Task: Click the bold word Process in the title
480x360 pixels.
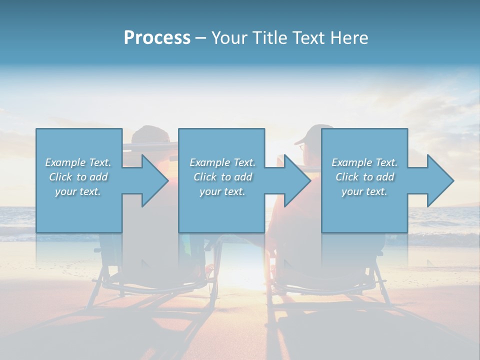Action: (x=157, y=37)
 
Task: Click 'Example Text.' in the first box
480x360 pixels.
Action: (x=78, y=162)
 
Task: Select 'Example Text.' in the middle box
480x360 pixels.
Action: (x=222, y=162)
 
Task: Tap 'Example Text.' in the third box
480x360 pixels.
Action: (x=364, y=162)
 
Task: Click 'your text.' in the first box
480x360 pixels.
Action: (x=78, y=191)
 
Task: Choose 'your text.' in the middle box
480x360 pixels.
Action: (x=222, y=191)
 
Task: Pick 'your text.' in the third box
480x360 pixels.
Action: (x=364, y=191)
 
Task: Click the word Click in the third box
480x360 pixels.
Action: (x=347, y=177)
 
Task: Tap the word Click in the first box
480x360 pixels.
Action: (x=60, y=177)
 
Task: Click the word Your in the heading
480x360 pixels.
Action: (x=229, y=37)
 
